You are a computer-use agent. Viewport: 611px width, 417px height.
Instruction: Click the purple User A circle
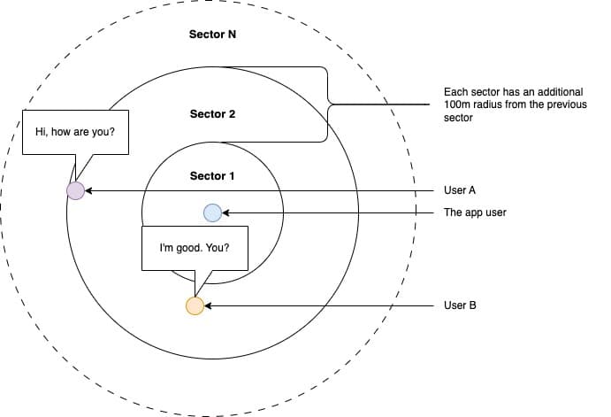[x=76, y=190]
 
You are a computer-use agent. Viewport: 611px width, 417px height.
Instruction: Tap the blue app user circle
[x=212, y=212]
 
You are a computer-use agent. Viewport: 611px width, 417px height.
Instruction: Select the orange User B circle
[x=195, y=305]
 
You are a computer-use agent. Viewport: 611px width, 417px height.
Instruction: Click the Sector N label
[x=212, y=35]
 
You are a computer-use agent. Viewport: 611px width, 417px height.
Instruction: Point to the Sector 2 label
[x=212, y=114]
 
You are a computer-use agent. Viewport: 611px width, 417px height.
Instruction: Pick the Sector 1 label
[x=212, y=176]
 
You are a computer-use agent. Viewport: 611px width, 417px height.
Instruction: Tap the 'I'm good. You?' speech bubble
[x=195, y=248]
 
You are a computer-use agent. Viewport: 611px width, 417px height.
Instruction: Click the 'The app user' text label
[x=475, y=212]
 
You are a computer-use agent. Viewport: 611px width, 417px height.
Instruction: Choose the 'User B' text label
[x=461, y=305]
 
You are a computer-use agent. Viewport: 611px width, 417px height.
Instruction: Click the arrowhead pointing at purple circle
[x=88, y=190]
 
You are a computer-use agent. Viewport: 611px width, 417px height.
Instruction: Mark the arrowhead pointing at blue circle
[x=225, y=212]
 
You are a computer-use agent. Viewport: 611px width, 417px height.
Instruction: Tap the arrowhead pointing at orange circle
[x=209, y=305]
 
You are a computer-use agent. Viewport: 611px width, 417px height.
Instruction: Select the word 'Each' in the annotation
[x=455, y=92]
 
